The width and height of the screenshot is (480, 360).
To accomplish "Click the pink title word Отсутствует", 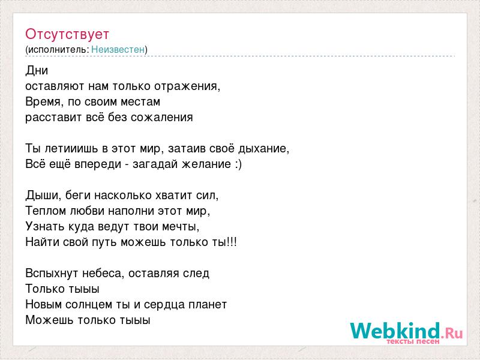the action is (x=67, y=34).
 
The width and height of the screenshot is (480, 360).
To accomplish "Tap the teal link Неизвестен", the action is (x=118, y=49).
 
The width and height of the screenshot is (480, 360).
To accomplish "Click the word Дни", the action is (x=37, y=70).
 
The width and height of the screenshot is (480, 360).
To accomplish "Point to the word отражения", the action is (x=186, y=86).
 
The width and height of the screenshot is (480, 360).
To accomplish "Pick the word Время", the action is (x=43, y=101).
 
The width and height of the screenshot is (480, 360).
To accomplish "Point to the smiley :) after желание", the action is (x=238, y=164).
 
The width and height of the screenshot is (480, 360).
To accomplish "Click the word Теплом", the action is (x=46, y=211).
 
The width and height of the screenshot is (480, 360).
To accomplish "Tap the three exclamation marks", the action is (x=232, y=242).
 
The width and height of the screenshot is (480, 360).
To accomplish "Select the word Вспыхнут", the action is (x=52, y=274).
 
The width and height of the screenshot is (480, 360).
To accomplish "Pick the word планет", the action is (x=208, y=305).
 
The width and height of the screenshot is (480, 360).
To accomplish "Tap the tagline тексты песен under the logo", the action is (x=413, y=341).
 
